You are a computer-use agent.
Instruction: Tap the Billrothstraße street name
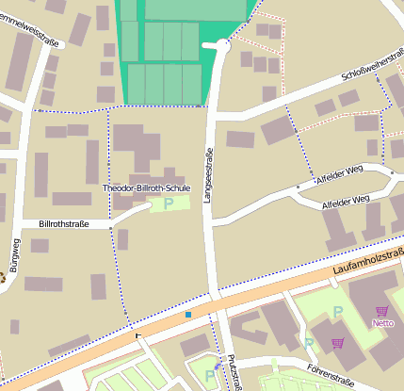(64, 223)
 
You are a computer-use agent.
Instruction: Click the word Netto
(382, 323)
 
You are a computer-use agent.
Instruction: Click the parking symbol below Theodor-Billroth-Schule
(169, 203)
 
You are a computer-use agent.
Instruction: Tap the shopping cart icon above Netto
(381, 310)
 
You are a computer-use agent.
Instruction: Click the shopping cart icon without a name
(337, 343)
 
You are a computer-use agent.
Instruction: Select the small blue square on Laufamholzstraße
(188, 314)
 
